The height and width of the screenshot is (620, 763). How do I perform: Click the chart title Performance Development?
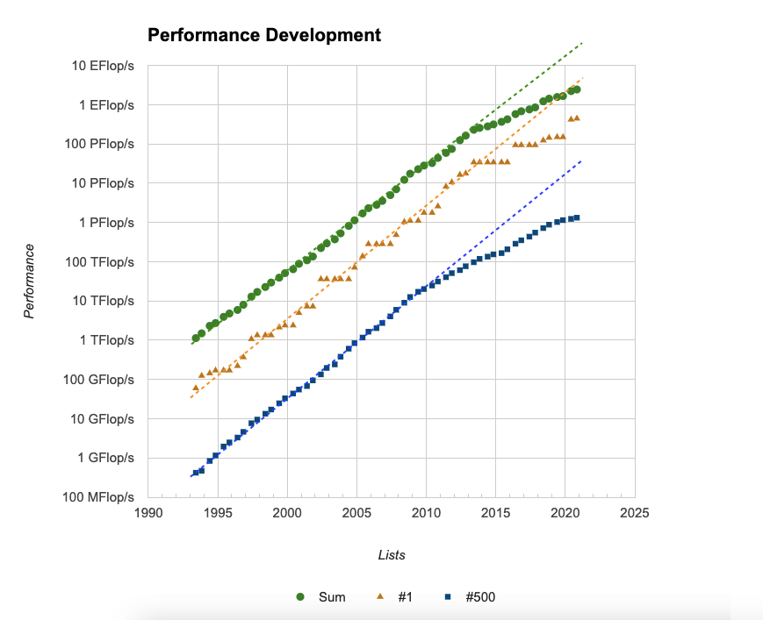point(263,36)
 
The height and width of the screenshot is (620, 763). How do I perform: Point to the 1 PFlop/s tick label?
point(104,223)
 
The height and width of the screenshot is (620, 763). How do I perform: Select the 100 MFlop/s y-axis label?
point(98,497)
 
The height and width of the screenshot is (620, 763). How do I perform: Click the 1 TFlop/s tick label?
point(104,340)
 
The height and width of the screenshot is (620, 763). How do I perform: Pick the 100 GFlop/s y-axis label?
point(99,380)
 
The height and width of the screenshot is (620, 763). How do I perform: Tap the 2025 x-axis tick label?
point(633,512)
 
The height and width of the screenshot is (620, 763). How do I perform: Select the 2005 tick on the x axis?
point(356,512)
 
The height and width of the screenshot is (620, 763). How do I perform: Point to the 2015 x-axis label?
point(494,512)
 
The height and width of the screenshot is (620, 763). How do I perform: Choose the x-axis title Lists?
point(391,555)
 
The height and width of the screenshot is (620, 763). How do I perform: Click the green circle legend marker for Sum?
point(300,597)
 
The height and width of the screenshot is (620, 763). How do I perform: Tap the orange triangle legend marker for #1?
point(380,597)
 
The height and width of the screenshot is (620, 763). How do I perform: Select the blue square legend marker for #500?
point(447,597)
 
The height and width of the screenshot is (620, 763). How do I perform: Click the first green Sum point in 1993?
point(196,339)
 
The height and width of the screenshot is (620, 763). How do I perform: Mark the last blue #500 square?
point(577,217)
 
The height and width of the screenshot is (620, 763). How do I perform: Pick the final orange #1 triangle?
point(577,118)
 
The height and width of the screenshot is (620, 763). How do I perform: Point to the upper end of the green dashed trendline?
point(582,42)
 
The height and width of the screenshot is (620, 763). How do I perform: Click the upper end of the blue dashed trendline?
point(582,160)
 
